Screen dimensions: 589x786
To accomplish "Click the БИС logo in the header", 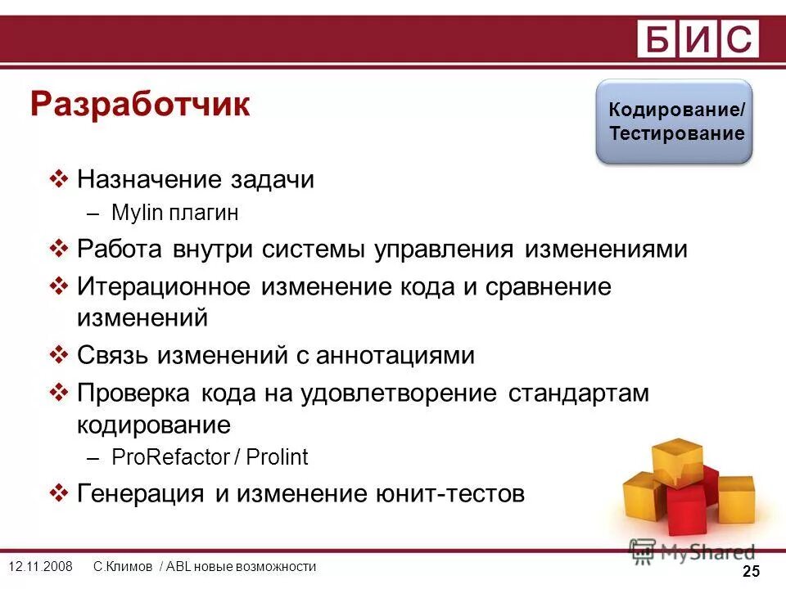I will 698,38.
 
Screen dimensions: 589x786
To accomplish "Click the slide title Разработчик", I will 140,106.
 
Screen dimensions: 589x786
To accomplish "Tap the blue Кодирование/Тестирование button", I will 673,122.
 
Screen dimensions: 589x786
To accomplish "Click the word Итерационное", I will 164,287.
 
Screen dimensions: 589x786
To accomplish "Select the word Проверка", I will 135,393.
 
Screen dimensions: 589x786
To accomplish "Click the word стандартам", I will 578,393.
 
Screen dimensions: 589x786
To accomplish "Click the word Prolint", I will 279,457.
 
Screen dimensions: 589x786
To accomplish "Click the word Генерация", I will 140,494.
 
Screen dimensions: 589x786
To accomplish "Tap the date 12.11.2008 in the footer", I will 40,567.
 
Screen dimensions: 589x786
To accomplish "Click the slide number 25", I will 751,572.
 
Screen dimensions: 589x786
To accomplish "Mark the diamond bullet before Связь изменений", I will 59,355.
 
